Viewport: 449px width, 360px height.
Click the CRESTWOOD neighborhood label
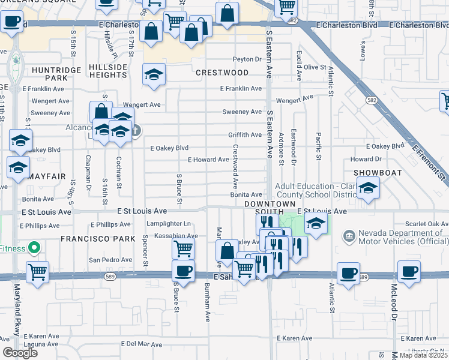click(222, 73)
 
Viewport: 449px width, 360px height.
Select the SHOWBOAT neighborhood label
click(373, 172)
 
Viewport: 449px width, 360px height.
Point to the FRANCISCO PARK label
click(91, 239)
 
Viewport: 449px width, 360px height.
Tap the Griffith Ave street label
click(244, 135)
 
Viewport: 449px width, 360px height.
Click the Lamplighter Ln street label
click(167, 224)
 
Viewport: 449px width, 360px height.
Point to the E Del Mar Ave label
click(141, 344)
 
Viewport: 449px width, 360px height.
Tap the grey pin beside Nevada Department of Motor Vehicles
click(348, 234)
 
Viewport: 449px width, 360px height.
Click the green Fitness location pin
click(34, 247)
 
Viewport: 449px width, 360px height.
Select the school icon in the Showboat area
click(367, 188)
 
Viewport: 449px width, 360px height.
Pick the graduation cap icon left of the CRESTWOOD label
click(154, 74)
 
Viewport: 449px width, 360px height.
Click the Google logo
click(20, 353)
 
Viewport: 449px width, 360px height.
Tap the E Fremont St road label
click(429, 161)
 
